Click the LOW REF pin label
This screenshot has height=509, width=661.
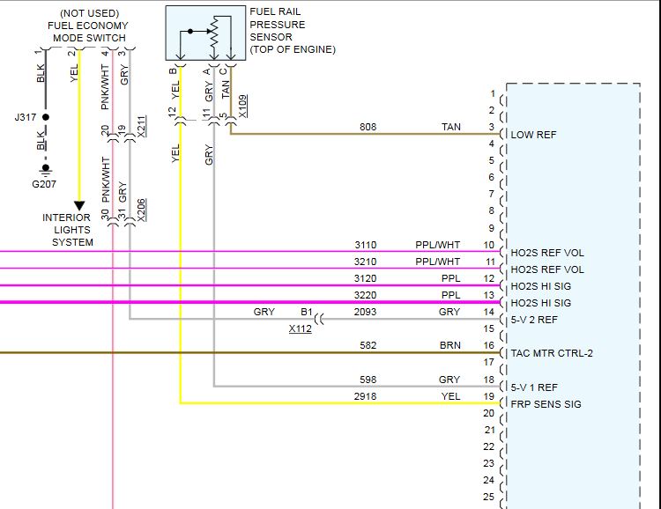coord(534,135)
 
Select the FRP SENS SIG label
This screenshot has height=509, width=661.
coord(546,404)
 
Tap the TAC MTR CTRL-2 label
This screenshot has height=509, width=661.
coord(552,353)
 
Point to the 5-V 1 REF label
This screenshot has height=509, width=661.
coord(534,387)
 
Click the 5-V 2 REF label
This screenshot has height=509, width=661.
coord(534,320)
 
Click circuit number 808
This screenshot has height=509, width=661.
coord(368,128)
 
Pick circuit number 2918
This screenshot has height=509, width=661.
coord(366,397)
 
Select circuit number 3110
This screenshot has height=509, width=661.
coord(366,245)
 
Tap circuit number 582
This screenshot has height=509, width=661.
coord(368,346)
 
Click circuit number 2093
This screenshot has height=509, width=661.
coord(366,312)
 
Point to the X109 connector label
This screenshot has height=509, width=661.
coord(243,106)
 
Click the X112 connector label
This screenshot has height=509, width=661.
coord(300,329)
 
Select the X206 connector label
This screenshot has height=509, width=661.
coord(142,208)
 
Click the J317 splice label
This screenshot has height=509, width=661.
coord(26,116)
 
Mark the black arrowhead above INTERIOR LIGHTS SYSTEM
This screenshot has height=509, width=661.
coord(79,206)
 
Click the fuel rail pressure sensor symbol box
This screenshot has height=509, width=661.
coord(204,34)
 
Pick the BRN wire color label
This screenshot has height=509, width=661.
coord(450,346)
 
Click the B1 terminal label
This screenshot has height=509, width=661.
coord(307,312)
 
